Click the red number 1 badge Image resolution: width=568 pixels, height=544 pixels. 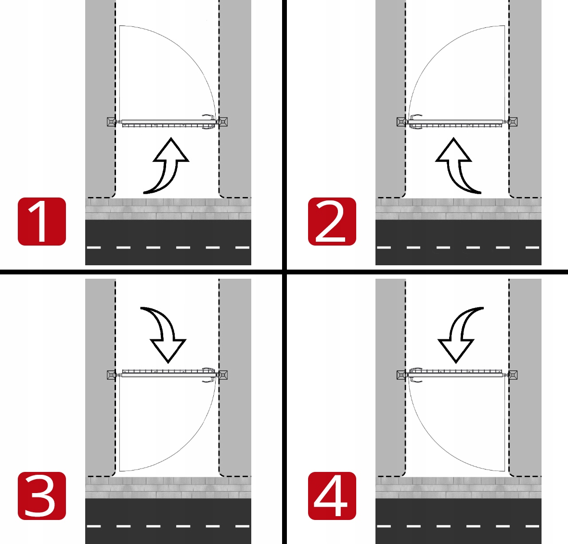42,222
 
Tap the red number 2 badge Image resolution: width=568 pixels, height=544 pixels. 332,222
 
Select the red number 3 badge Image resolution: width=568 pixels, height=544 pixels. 42,495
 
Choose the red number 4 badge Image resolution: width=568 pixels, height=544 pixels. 332,495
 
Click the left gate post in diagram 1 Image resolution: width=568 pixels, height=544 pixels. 112,122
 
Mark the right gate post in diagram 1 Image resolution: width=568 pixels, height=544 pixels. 223,122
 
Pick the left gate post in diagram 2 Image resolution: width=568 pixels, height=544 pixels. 401,122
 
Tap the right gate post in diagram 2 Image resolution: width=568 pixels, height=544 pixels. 513,122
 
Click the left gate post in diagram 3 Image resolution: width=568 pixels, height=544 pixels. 112,375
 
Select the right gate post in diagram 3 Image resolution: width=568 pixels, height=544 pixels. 223,375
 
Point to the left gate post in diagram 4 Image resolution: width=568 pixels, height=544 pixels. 401,375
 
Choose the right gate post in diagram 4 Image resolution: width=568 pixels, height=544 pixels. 513,375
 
